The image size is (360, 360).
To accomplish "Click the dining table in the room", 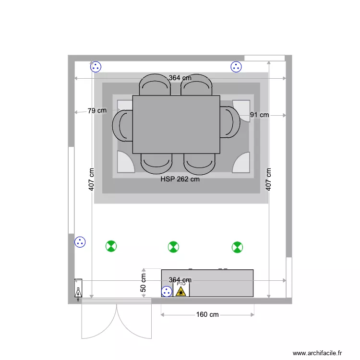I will (x=176, y=124).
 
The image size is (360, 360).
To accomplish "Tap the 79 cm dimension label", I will (x=97, y=110).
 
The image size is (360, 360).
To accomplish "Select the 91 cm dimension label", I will (x=260, y=115).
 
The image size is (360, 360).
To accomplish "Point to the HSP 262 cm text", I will (x=180, y=179).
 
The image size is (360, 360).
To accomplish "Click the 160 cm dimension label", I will (x=207, y=314).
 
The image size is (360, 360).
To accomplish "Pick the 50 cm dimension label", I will (x=143, y=283).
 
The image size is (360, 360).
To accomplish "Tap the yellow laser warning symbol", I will (x=181, y=291).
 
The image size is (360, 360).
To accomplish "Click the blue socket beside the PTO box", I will (x=167, y=290).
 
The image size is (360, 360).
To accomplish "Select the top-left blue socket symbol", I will (x=96, y=67).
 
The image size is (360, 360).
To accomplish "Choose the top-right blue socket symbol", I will (x=236, y=67).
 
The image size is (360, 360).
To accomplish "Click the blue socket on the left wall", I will (x=80, y=242).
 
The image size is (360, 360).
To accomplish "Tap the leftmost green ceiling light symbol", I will (x=111, y=247).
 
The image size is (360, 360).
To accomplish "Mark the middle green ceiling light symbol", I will (x=173, y=247).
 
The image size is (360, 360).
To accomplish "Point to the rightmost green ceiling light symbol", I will (x=237, y=247).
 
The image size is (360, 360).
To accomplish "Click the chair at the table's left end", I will (x=122, y=125).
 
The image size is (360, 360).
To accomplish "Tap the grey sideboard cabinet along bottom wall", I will (x=221, y=283).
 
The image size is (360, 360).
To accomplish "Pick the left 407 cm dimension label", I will (x=92, y=179).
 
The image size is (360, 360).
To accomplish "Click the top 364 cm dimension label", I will (x=180, y=78).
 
